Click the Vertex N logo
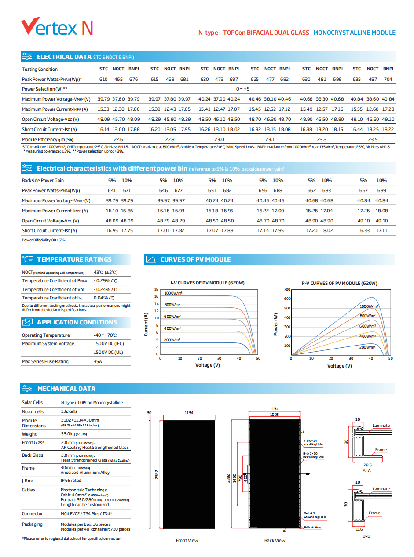pyautogui.click(x=57, y=26)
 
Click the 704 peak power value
pyautogui.click(x=388, y=79)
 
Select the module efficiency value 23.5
pyautogui.click(x=373, y=139)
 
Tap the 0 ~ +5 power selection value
pyautogui.click(x=242, y=89)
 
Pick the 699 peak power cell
pyautogui.click(x=381, y=190)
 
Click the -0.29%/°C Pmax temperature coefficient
pyautogui.click(x=105, y=280)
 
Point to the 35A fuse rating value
pyautogui.click(x=98, y=361)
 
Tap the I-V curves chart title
pyautogui.click(x=207, y=283)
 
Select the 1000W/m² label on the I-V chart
pyautogui.click(x=173, y=293)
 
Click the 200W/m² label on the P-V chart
pyautogui.click(x=367, y=347)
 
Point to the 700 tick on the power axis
pyautogui.click(x=287, y=289)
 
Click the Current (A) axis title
pyautogui.click(x=146, y=324)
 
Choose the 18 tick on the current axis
pyautogui.click(x=156, y=289)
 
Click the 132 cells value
pyautogui.click(x=69, y=411)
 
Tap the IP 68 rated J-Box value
pyautogui.click(x=71, y=480)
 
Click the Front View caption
pyautogui.click(x=187, y=540)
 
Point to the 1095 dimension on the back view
pyautogui.click(x=274, y=415)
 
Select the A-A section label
pyautogui.click(x=366, y=470)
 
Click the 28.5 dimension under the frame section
pyautogui.click(x=367, y=465)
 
